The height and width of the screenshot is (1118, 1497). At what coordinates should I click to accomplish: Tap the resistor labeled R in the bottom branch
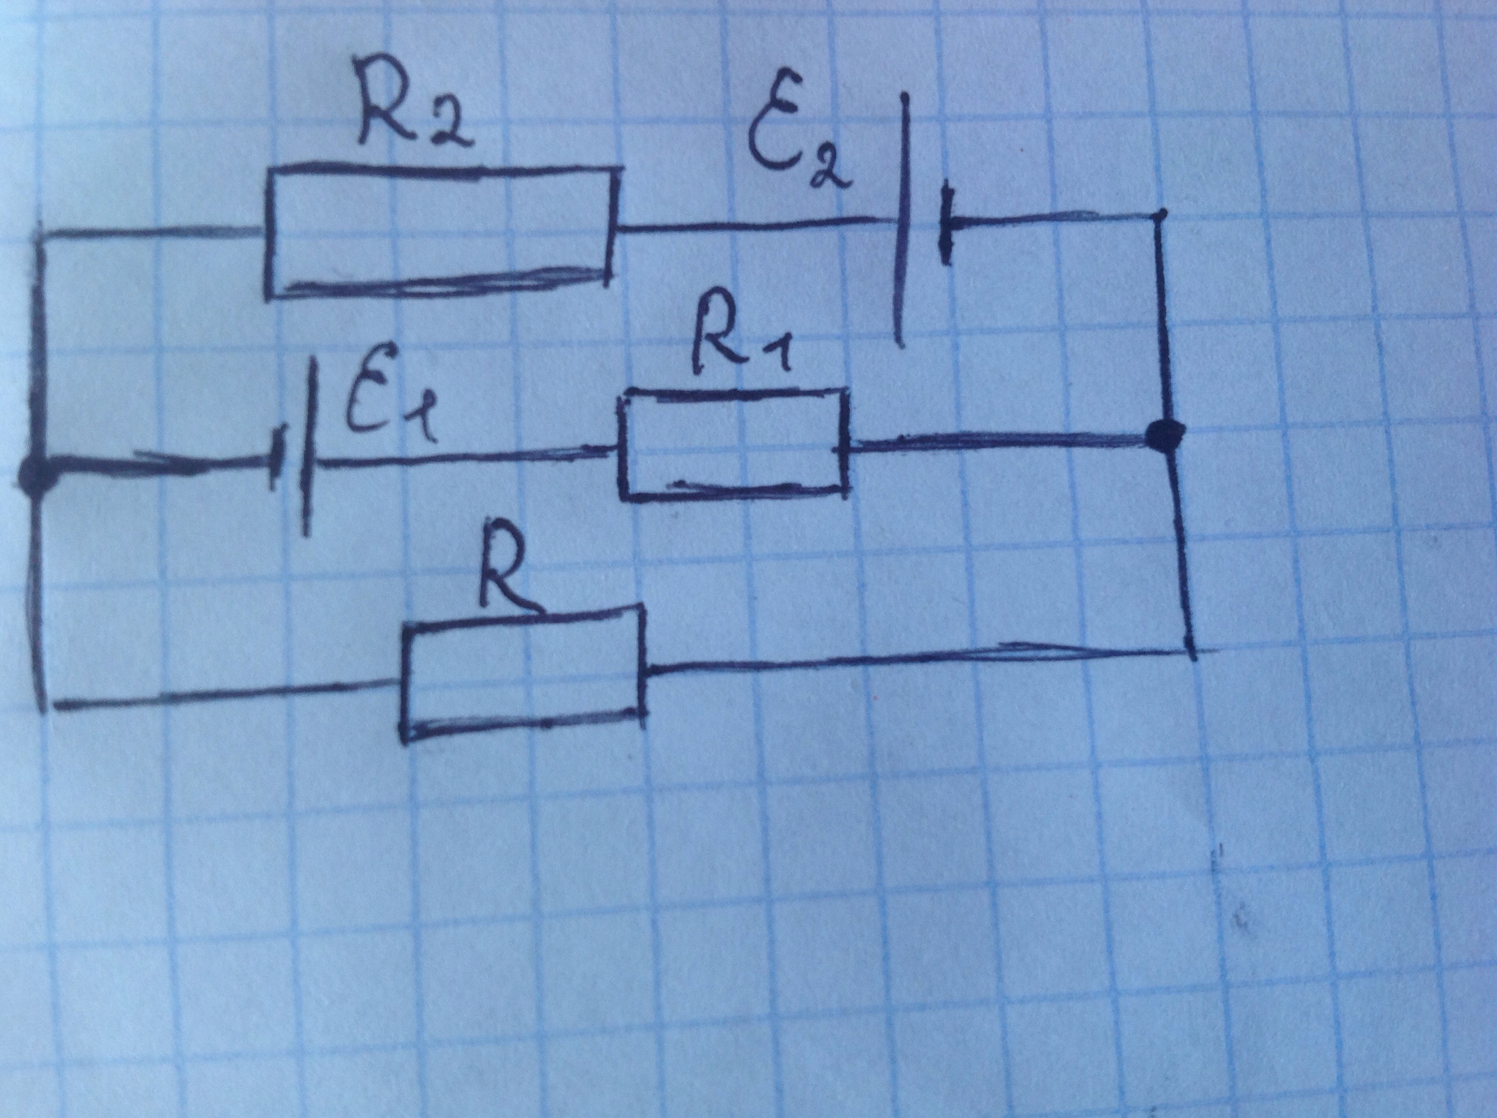coord(523,673)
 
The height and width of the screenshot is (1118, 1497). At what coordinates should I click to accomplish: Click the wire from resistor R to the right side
coord(914,660)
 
